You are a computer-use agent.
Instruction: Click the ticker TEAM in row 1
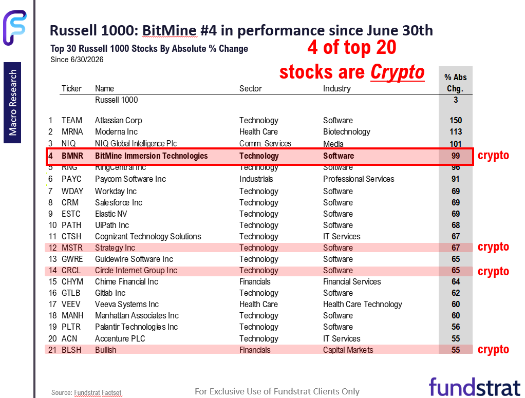point(71,120)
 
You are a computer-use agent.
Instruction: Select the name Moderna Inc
point(116,131)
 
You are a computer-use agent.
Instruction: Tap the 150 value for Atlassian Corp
point(456,120)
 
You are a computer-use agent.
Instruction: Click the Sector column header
point(251,88)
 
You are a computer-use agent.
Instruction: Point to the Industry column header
point(337,89)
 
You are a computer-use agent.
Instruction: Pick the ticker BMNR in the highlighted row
point(72,156)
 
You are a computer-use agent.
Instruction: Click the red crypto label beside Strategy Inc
point(493,247)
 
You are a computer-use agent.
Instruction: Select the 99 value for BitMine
point(456,156)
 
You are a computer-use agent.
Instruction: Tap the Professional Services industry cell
point(359,179)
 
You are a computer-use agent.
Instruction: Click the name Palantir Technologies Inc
point(136,327)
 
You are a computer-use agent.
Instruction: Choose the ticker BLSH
point(71,350)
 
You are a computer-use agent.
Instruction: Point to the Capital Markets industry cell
point(348,350)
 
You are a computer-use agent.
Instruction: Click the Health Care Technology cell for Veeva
point(363,304)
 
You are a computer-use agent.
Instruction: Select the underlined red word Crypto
point(398,72)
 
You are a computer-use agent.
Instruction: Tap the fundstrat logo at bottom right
point(475,387)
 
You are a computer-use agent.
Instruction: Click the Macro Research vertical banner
point(12,103)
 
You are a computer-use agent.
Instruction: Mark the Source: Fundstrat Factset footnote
point(86,392)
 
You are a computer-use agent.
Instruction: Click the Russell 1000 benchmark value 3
point(456,100)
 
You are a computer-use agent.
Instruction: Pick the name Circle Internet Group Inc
point(136,270)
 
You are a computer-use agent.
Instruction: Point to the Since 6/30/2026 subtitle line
point(77,60)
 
